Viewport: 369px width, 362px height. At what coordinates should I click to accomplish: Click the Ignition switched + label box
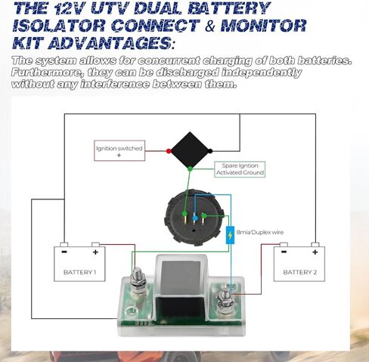tap(119, 150)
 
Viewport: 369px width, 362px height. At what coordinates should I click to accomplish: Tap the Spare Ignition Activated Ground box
tap(240, 169)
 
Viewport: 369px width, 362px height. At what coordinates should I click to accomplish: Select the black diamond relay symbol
tap(190, 150)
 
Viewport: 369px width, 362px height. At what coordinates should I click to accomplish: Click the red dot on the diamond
tap(169, 151)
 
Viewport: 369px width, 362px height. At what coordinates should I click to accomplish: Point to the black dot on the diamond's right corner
tap(210, 151)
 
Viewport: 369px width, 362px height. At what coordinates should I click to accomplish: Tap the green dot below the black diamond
tap(190, 169)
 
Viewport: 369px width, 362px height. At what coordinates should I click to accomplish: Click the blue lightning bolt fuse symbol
tap(230, 235)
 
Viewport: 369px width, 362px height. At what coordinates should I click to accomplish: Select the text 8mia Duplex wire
tap(260, 232)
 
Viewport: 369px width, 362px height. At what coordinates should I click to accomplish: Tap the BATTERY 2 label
tap(300, 272)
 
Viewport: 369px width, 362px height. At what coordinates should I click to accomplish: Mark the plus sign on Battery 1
tap(95, 252)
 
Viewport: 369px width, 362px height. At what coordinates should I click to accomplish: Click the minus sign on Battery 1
tap(64, 252)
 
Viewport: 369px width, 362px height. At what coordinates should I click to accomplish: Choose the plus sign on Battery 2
tap(315, 252)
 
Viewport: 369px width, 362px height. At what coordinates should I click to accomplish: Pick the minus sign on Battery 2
tap(284, 252)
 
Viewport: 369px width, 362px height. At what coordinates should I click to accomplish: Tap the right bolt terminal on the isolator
tap(225, 300)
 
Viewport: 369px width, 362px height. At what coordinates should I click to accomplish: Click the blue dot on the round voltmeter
tap(195, 218)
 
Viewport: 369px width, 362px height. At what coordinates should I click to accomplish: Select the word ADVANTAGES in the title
tap(109, 43)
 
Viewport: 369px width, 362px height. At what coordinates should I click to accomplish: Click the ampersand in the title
tap(209, 26)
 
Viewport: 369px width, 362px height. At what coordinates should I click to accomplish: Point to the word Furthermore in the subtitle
tap(47, 73)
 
